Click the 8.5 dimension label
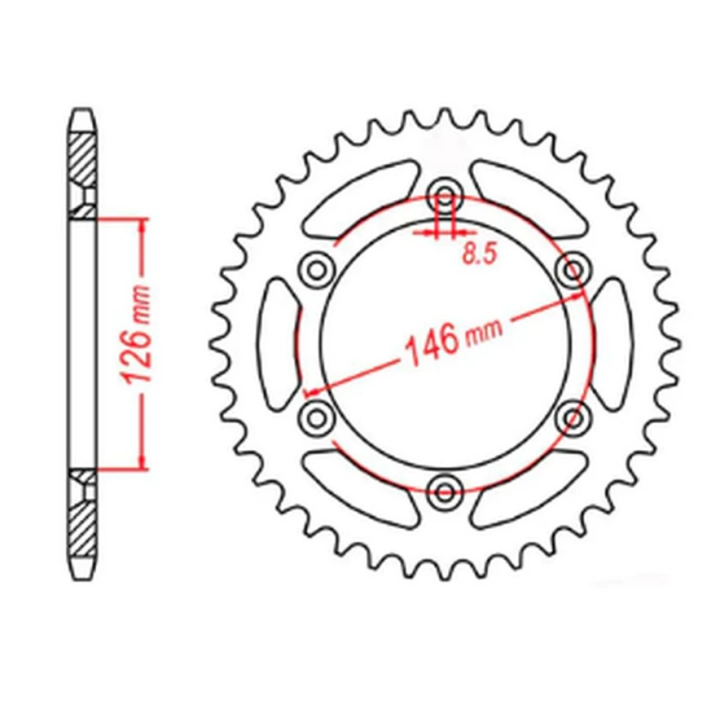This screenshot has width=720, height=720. [479, 253]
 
